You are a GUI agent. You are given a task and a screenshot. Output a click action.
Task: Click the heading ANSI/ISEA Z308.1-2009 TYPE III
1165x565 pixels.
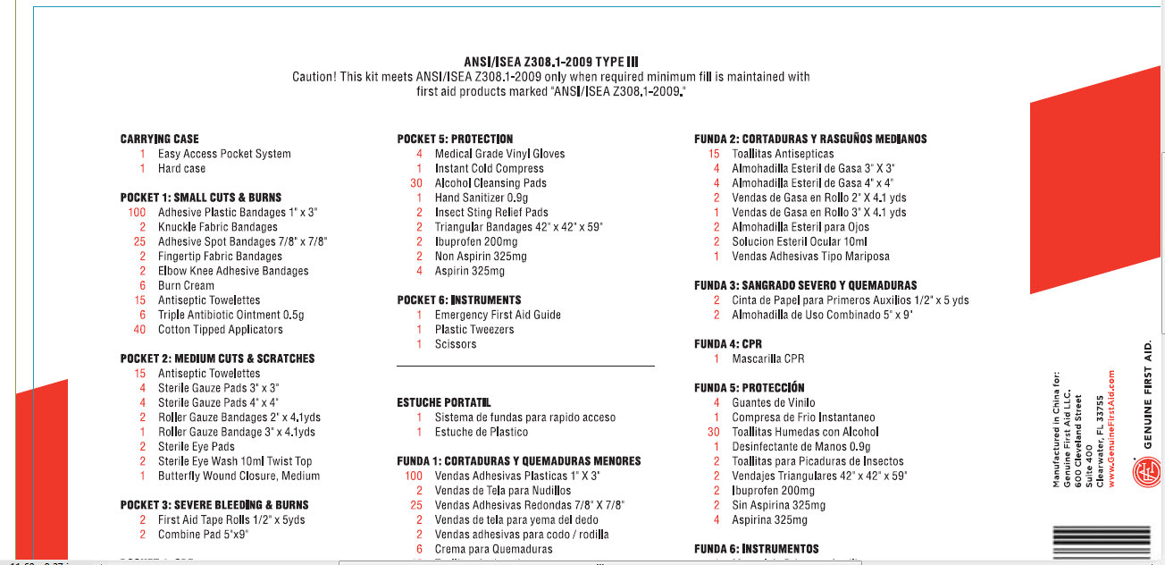pyautogui.click(x=551, y=62)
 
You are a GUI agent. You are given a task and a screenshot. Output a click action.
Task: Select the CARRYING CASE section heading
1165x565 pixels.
pyautogui.click(x=160, y=139)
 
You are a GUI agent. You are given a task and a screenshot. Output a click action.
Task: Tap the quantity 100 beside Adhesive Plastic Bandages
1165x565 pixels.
pyautogui.click(x=137, y=213)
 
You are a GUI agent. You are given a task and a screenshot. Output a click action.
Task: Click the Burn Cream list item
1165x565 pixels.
pyautogui.click(x=186, y=286)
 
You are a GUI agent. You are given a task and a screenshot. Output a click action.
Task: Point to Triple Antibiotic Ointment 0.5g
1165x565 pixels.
pyautogui.click(x=230, y=315)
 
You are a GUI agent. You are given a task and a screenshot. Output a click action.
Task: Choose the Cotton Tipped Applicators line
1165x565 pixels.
pyautogui.click(x=220, y=330)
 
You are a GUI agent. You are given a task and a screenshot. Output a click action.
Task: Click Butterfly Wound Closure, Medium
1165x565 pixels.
pyautogui.click(x=239, y=476)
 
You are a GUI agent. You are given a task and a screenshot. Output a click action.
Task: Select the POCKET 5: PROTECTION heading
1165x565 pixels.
pyautogui.click(x=455, y=139)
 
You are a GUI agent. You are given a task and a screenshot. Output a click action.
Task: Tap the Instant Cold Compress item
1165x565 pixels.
pyautogui.click(x=489, y=169)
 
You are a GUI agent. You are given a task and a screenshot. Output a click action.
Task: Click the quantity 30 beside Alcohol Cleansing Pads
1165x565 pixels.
pyautogui.click(x=416, y=183)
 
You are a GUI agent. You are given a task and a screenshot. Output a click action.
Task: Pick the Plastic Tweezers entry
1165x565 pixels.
pyautogui.click(x=474, y=330)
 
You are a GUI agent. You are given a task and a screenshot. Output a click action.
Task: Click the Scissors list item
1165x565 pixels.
pyautogui.click(x=456, y=344)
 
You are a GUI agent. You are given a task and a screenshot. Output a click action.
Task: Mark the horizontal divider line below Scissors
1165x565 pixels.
pyautogui.click(x=525, y=366)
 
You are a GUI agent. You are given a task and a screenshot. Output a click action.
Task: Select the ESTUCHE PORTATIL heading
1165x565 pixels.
pyautogui.click(x=444, y=403)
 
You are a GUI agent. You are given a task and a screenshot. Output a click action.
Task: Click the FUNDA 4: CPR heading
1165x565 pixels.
pyautogui.click(x=728, y=344)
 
